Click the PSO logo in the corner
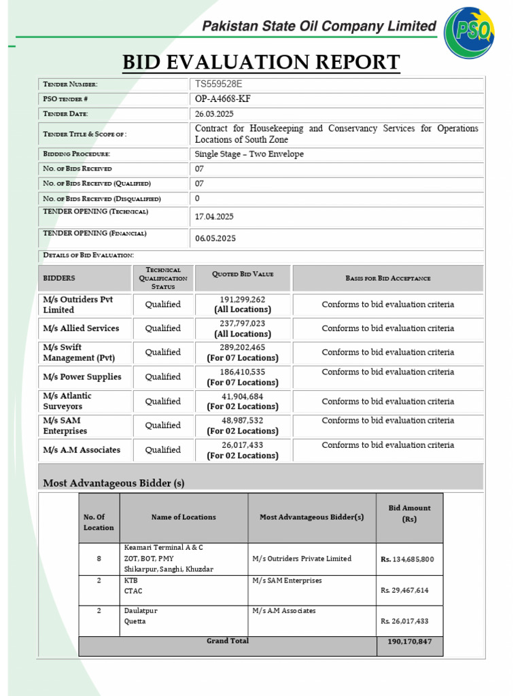click(x=470, y=33)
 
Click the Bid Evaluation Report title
click(x=261, y=63)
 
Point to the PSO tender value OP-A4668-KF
click(x=228, y=99)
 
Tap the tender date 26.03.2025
click(x=213, y=114)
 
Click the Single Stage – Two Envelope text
click(x=249, y=154)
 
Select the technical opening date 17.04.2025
click(x=214, y=217)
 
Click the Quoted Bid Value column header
click(x=243, y=274)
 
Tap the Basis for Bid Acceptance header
click(x=387, y=278)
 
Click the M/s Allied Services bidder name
click(x=81, y=328)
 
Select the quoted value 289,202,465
click(x=243, y=347)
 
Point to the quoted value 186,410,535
click(x=243, y=372)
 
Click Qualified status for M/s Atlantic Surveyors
click(x=163, y=401)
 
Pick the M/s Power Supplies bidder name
click(x=82, y=377)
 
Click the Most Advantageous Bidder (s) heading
click(x=114, y=483)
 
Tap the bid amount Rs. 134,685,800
click(x=407, y=559)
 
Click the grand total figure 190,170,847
click(x=409, y=642)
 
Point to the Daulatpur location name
click(x=141, y=610)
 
